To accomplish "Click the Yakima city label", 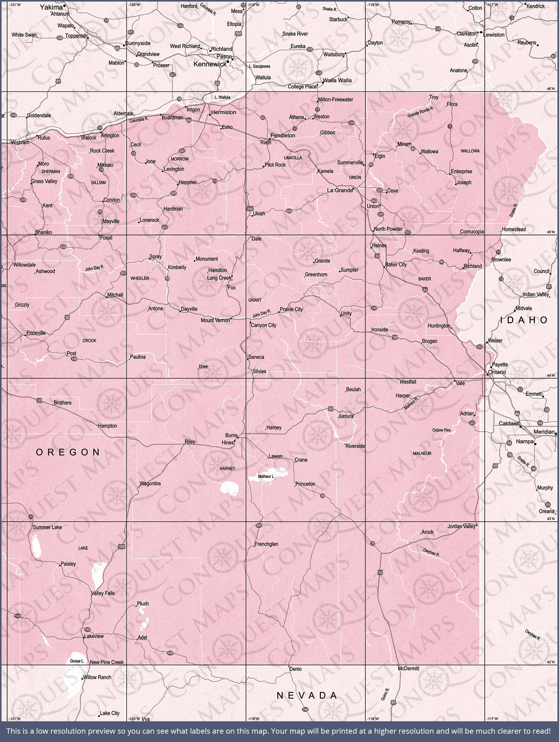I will pyautogui.click(x=51, y=7).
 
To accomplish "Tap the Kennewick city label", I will pyautogui.click(x=210, y=64).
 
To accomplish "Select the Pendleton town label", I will pyautogui.click(x=283, y=135).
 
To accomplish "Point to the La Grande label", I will pyautogui.click(x=339, y=190).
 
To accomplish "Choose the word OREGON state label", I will pyautogui.click(x=68, y=453).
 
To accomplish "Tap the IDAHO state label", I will pyautogui.click(x=524, y=320).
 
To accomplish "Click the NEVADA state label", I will pyautogui.click(x=307, y=696).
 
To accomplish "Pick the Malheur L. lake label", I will pyautogui.click(x=266, y=476).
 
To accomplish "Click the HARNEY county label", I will pyautogui.click(x=228, y=469).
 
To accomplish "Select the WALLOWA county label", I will pyautogui.click(x=470, y=151).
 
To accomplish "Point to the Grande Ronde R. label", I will pyautogui.click(x=421, y=112).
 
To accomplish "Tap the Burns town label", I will pyautogui.click(x=231, y=435).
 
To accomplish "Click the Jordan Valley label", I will pyautogui.click(x=461, y=526).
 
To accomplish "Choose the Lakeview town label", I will pyautogui.click(x=94, y=636).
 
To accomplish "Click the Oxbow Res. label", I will pyautogui.click(x=442, y=430).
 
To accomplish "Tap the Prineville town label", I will pyautogui.click(x=36, y=333).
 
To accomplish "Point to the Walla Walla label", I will pyautogui.click(x=337, y=80).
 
